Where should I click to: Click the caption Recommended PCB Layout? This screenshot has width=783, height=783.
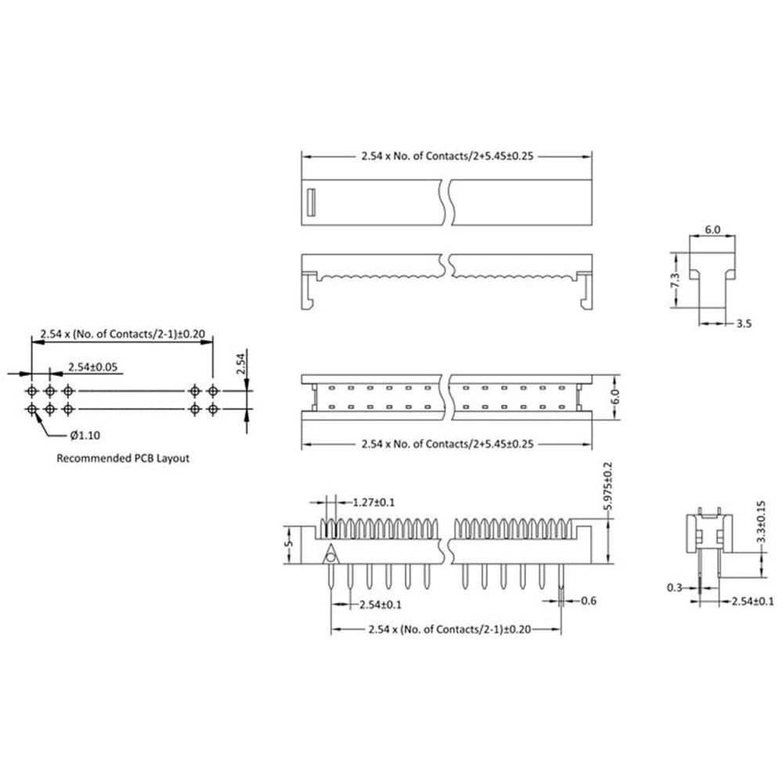pos(123,459)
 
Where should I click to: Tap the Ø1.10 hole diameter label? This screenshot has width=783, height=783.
pos(80,435)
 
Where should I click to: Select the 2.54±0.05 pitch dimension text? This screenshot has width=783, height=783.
pos(95,366)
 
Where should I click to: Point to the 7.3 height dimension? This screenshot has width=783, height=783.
pos(675,280)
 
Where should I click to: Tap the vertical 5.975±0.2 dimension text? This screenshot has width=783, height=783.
pos(607,487)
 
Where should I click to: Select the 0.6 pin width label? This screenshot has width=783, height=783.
pos(590,601)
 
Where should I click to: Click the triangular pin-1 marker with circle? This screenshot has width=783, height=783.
pos(332,555)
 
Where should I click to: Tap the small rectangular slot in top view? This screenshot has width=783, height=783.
pos(309,202)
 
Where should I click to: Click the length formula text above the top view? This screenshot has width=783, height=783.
pos(448,156)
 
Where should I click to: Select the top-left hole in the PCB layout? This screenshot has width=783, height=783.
pos(31,390)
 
